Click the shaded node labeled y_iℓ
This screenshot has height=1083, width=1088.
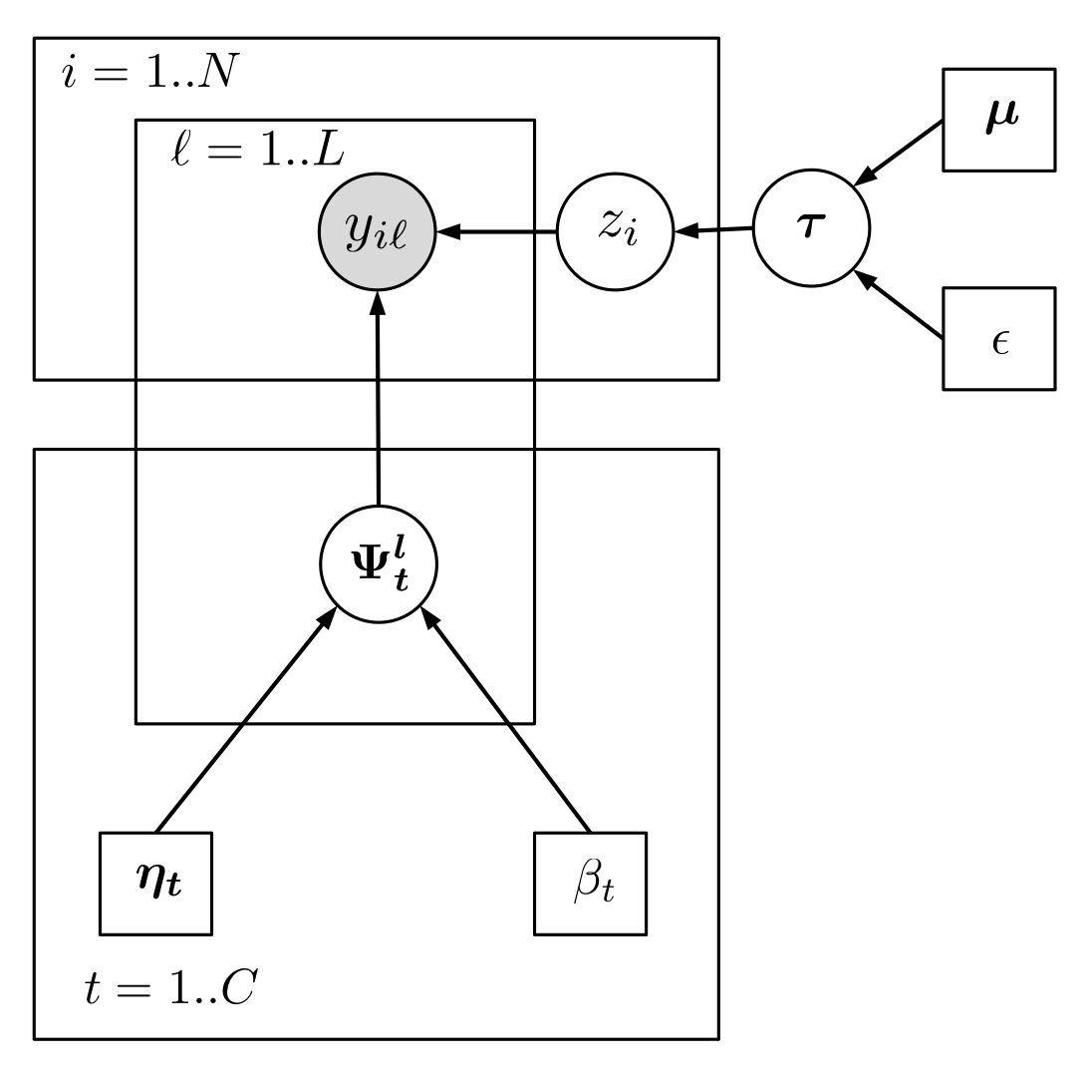(x=377, y=233)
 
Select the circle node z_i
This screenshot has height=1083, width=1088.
(x=614, y=233)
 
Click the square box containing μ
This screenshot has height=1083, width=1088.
(x=998, y=120)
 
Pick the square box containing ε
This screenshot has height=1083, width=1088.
(x=998, y=339)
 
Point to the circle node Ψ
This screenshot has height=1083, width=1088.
(x=378, y=563)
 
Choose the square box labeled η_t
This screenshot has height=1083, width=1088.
(x=156, y=883)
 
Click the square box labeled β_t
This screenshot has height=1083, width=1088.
(x=590, y=883)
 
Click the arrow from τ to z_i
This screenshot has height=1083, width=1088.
(x=713, y=231)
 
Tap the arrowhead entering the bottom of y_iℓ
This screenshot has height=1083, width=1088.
(x=377, y=303)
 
